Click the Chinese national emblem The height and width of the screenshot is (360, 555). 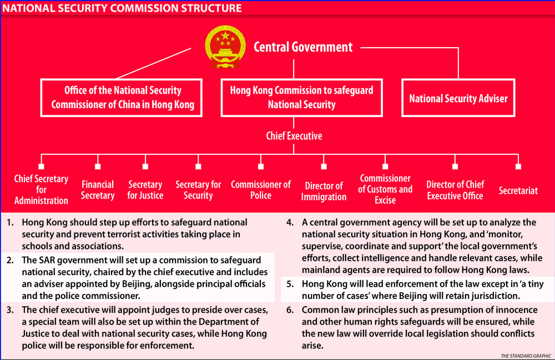point(225,47)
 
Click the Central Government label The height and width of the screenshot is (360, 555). point(303,47)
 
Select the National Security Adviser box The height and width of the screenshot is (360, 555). point(458,98)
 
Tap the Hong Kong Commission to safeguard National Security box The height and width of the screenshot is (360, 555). point(301,97)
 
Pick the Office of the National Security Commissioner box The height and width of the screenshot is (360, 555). point(123,98)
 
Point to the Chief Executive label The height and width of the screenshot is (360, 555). point(294,135)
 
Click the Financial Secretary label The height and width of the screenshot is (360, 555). point(98,190)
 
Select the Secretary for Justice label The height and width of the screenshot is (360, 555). point(145,190)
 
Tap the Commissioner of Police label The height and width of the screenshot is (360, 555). point(261,190)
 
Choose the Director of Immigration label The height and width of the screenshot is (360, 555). point(324,191)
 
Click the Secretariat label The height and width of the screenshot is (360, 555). point(518,190)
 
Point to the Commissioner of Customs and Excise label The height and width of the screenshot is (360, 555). point(385,189)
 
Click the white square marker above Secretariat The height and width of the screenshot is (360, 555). point(518,166)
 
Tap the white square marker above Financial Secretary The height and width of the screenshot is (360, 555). point(98,166)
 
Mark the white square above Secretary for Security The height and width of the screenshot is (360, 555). point(198,166)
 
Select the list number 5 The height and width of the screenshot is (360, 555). point(290,284)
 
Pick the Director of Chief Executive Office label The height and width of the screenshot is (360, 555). point(455,190)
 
